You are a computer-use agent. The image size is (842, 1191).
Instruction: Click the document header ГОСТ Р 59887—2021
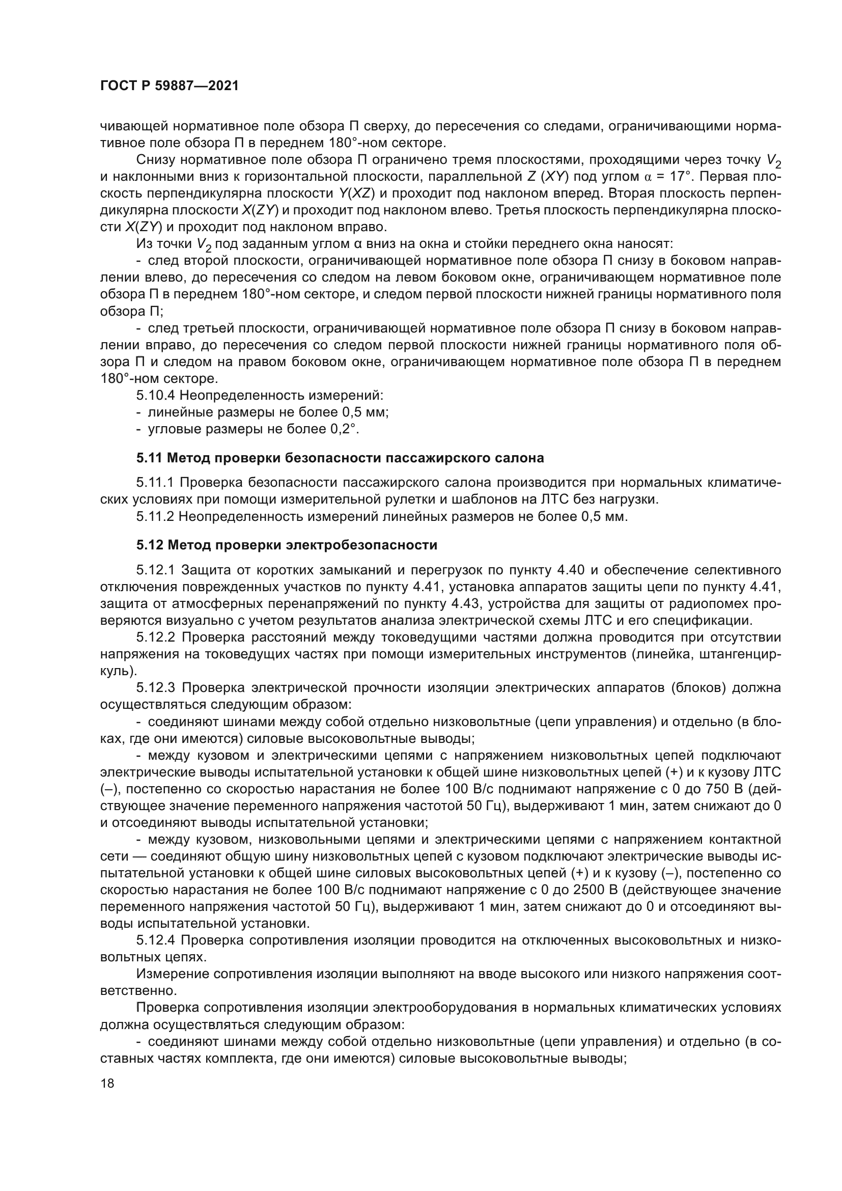pos(170,86)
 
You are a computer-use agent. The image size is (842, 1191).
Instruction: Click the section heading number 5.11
pos(149,458)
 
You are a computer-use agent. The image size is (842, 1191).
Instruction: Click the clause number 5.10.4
pos(156,396)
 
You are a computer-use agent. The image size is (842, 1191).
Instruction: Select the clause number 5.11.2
pos(156,517)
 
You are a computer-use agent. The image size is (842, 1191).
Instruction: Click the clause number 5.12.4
pos(156,940)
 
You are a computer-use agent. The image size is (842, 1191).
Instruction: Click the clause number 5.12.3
pos(156,688)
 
